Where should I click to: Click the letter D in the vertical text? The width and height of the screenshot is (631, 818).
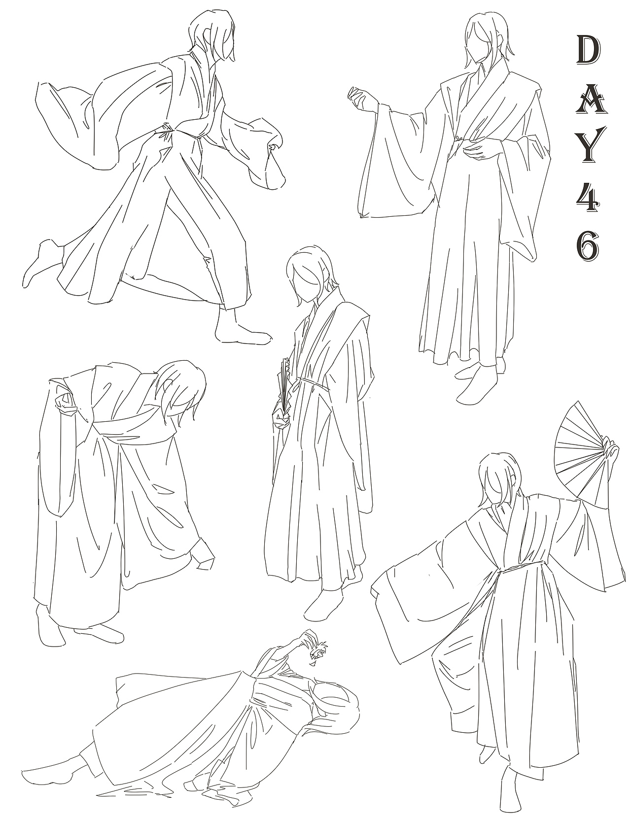(x=588, y=49)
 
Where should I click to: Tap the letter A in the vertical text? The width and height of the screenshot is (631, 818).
(x=588, y=102)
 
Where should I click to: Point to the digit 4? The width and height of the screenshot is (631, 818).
(x=588, y=197)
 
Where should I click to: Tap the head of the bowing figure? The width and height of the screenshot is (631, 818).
(x=182, y=389)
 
